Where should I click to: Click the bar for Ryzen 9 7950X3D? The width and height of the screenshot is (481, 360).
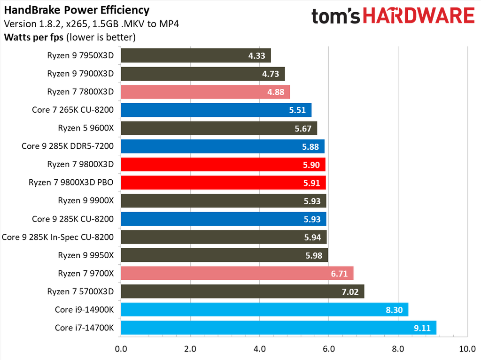pos(195,56)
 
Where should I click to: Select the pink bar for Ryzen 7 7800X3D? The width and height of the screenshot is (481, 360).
pos(205,92)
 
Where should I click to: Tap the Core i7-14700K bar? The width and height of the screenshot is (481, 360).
pos(278,328)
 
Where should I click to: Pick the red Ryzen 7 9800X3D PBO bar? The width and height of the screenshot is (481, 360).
pos(223,183)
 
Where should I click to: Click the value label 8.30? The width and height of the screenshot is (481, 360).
pos(394,310)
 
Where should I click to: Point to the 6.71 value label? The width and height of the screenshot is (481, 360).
pos(339,274)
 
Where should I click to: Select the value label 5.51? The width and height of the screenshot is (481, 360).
pos(297,110)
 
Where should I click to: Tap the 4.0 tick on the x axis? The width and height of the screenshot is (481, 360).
pos(259,349)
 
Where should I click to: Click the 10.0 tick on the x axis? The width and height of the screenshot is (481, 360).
pos(467,349)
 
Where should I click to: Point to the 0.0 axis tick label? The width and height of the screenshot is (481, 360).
pos(121,349)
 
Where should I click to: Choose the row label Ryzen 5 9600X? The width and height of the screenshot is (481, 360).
pos(85,128)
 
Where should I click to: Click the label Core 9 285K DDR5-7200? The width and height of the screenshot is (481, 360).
pos(68,146)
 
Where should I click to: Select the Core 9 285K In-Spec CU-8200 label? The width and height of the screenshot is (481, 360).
pos(58,237)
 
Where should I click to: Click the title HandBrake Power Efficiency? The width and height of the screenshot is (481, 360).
pos(77,10)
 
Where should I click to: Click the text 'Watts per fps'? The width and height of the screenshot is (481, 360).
pos(34,37)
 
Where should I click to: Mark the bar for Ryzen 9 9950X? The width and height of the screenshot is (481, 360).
pos(224,255)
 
